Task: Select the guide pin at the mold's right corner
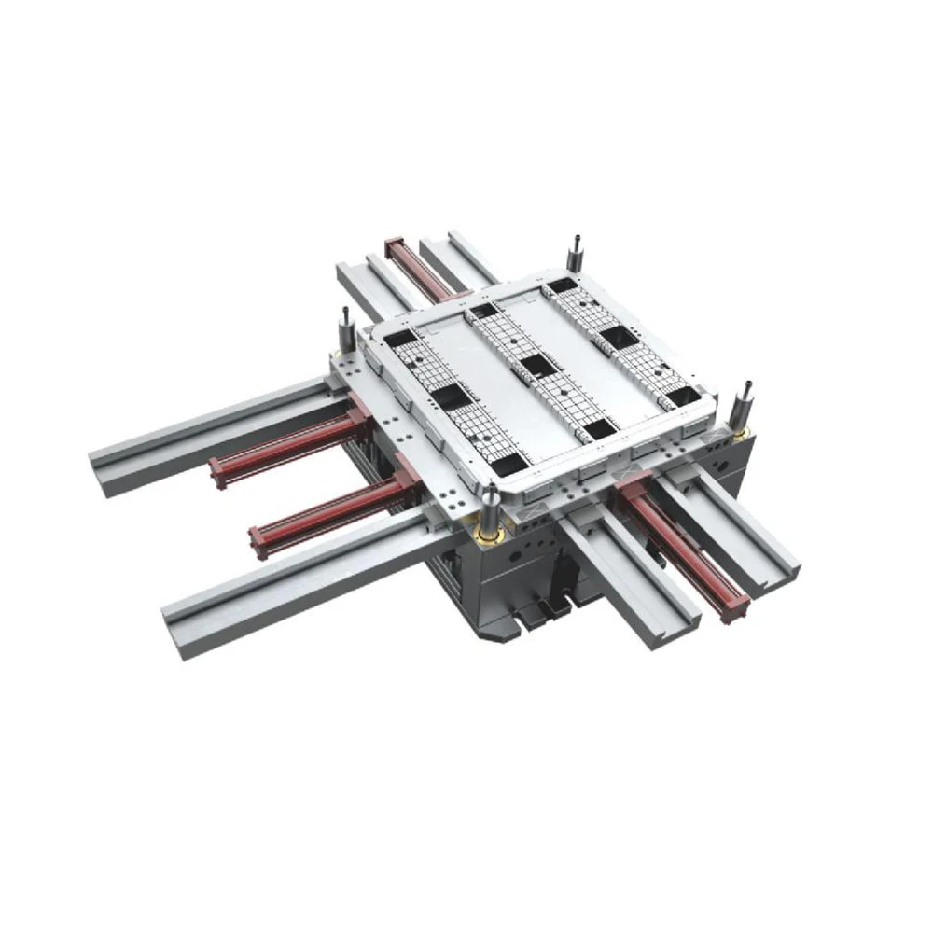pos(745,400)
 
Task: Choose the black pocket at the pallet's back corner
pos(560,286)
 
